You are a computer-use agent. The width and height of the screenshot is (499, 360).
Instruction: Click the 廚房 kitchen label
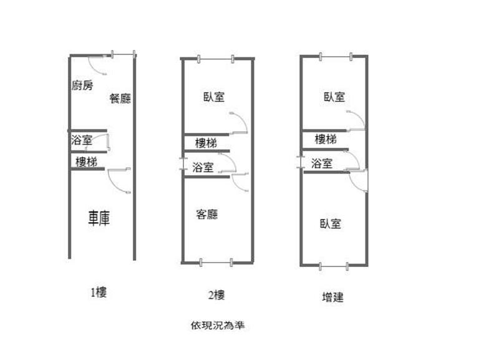(82, 85)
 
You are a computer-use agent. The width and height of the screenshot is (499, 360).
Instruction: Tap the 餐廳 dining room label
(120, 98)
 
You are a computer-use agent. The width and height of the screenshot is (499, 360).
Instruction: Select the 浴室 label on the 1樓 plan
(82, 140)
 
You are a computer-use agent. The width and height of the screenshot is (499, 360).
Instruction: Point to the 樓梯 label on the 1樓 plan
(86, 162)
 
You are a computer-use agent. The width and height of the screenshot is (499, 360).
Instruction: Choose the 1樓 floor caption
(99, 291)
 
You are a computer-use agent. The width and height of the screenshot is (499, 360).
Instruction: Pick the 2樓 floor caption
(215, 295)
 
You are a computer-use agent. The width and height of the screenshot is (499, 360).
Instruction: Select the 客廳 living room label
(207, 214)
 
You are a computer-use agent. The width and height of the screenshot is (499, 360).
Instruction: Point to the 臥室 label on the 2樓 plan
(214, 97)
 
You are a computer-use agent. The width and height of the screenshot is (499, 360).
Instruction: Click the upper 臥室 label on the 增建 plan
(334, 97)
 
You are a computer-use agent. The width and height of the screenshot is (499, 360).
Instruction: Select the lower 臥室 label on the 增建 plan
(331, 223)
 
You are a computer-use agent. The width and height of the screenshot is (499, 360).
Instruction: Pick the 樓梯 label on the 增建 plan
(326, 139)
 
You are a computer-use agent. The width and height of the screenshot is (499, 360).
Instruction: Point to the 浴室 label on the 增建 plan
(321, 164)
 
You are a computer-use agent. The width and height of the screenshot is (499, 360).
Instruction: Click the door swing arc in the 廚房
(97, 63)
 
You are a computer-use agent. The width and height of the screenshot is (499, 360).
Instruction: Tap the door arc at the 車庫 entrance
(117, 181)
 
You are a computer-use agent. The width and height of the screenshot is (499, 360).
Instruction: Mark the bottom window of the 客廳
(216, 262)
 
